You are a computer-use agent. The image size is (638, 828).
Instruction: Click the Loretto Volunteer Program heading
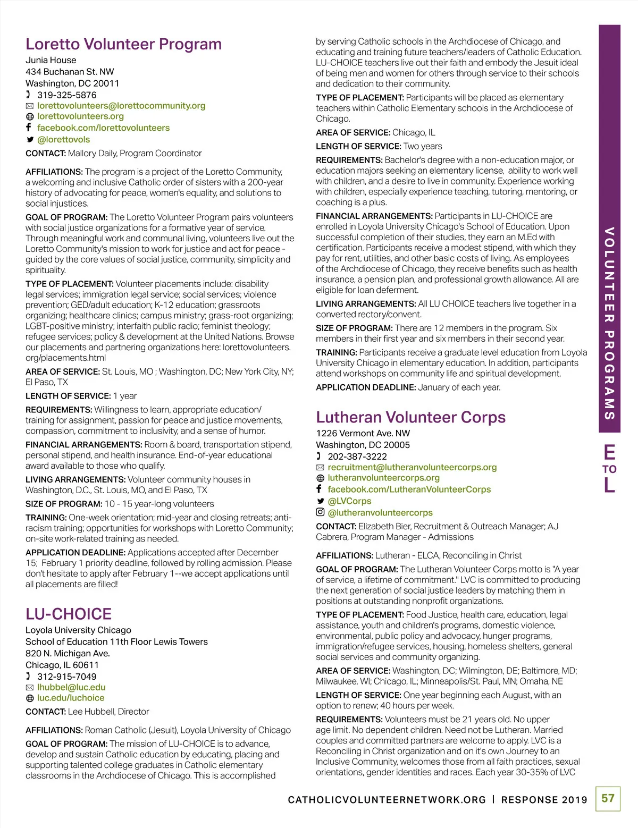pos(123,44)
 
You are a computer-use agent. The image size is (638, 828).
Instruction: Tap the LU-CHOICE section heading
pos(69,614)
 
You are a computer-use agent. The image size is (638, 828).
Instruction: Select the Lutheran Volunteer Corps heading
pos(410,417)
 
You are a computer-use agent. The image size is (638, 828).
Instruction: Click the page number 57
pos(608,798)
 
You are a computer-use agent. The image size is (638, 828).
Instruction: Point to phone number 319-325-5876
pos(67,95)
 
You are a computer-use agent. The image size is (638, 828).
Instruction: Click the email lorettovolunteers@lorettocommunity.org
pos(121,106)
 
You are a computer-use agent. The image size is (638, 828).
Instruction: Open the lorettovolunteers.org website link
pos(80,116)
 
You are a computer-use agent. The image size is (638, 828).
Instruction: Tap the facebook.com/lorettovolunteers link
pos(103,128)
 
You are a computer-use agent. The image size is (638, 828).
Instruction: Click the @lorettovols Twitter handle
pos(63,140)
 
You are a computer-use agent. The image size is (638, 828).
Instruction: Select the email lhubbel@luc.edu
pos(71,687)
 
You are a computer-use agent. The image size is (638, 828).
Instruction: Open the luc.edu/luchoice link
pos(71,698)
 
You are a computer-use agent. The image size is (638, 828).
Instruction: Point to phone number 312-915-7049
pos(67,677)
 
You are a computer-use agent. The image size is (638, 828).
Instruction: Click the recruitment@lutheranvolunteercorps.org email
pos(412,467)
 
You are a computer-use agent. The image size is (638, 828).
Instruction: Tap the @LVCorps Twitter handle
pos(349,501)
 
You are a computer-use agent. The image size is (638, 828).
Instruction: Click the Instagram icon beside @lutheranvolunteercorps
pos(320,512)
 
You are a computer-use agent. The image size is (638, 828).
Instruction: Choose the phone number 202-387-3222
pos(357,457)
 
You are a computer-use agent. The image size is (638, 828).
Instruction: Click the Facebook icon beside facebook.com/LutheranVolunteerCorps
pos(320,489)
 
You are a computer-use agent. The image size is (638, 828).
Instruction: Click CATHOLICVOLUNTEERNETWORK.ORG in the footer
pos(387,800)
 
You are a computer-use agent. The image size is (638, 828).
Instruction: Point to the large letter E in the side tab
pos(609,453)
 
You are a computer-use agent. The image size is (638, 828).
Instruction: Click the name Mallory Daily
pos(93,154)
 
